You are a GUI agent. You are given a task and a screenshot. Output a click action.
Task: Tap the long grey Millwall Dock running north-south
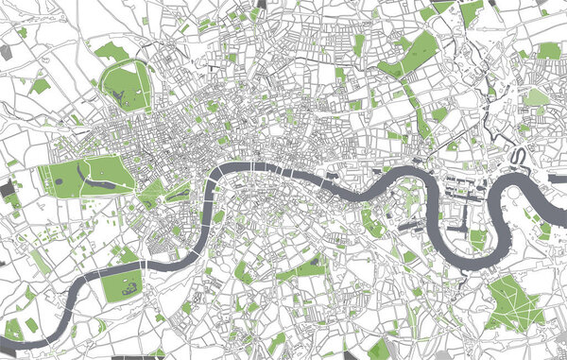455,223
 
